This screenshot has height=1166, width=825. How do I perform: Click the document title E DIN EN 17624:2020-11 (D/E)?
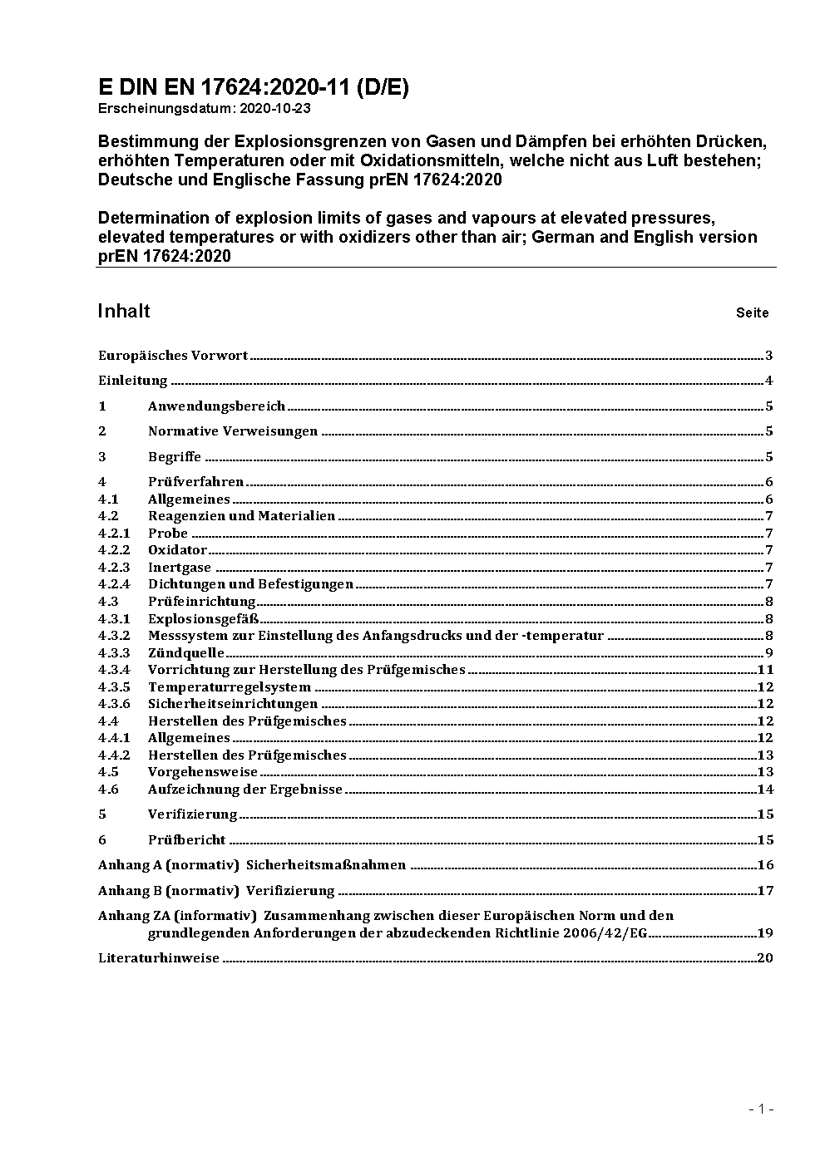tap(253, 87)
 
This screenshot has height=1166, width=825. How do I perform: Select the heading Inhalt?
tap(124, 311)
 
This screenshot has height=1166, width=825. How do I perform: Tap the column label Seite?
tap(752, 313)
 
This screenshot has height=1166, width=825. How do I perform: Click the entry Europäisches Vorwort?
tap(173, 356)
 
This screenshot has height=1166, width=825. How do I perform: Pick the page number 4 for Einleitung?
tap(769, 381)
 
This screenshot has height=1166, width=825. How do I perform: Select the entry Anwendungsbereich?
tap(216, 406)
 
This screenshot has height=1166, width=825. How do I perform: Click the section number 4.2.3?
tap(114, 568)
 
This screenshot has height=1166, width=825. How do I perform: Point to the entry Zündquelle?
tap(185, 653)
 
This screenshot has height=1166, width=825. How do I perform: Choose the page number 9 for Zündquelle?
tap(769, 653)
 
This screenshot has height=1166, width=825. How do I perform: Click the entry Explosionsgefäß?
tap(203, 618)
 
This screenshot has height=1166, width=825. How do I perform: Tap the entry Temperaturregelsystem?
tap(229, 687)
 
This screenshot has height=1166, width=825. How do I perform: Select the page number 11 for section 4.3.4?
tap(765, 670)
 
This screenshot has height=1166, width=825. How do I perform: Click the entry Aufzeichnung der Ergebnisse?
tap(245, 790)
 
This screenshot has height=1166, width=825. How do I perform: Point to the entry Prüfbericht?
tap(186, 840)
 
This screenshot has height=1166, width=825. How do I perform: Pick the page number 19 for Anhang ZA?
tap(765, 932)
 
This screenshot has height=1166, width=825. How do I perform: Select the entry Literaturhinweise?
tap(158, 958)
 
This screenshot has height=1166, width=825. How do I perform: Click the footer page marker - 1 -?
tap(760, 1109)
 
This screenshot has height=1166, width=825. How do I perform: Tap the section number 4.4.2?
tap(114, 755)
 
